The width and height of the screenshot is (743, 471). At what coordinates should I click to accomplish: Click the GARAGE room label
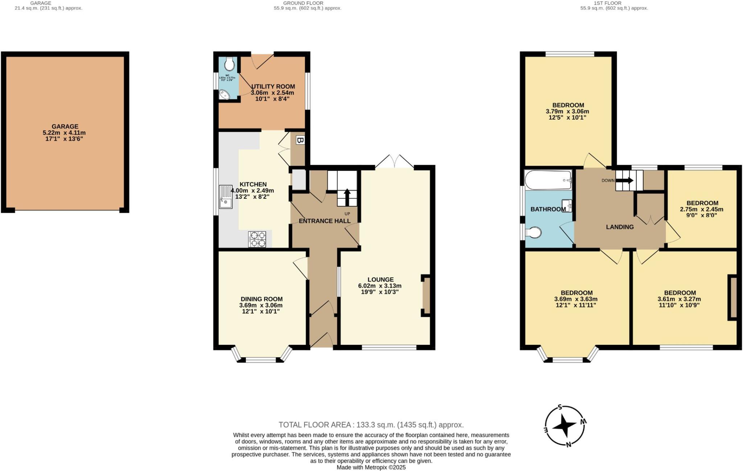65,127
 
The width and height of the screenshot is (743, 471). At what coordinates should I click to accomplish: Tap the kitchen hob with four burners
257,239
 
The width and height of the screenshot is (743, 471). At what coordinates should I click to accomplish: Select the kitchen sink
226,197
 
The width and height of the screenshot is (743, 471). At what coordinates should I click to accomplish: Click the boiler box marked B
300,140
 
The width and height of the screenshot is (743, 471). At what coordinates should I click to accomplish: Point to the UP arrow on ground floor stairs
347,198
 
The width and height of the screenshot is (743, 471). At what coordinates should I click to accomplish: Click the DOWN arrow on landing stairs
625,180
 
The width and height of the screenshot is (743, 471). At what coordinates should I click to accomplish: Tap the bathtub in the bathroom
548,180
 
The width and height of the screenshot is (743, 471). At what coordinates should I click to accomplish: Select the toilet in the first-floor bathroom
534,232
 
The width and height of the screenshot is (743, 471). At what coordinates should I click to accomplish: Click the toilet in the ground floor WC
229,65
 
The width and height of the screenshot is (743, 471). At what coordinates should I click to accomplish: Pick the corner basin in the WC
224,94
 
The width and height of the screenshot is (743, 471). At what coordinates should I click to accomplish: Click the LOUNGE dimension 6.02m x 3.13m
380,286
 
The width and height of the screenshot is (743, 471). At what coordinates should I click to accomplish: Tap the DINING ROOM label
262,299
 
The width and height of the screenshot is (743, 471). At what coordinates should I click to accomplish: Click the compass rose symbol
565,425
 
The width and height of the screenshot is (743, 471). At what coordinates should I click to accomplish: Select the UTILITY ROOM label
273,87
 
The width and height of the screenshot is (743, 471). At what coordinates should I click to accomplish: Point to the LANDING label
620,227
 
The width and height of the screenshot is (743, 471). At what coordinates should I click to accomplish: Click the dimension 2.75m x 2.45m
701,209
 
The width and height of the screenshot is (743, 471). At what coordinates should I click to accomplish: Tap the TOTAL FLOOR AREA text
371,425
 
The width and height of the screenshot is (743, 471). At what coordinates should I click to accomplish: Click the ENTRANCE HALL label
325,221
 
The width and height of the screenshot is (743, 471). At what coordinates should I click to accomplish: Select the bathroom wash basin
566,206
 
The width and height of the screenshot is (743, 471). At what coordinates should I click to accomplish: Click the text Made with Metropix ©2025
371,467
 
